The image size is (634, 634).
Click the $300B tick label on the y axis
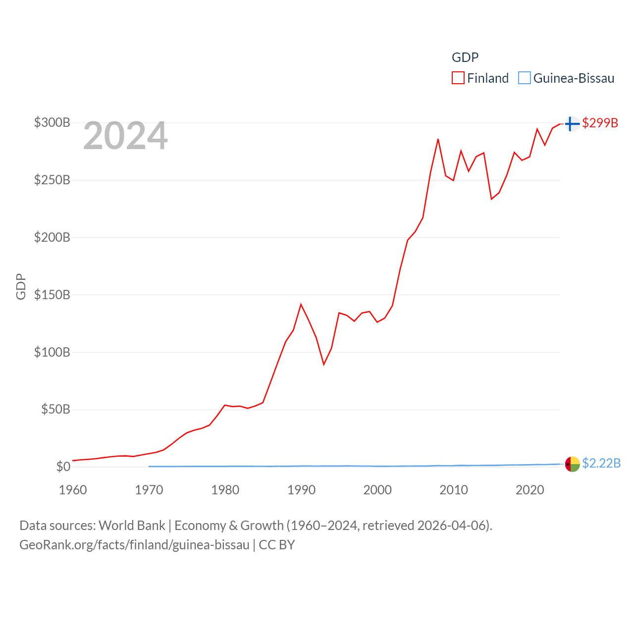(x=52, y=122)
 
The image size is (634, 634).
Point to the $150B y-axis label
(x=52, y=295)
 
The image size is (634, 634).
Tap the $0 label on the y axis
(x=63, y=467)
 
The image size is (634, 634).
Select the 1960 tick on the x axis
(x=73, y=490)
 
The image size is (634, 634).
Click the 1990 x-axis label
(x=301, y=490)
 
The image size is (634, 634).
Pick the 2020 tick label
(x=529, y=490)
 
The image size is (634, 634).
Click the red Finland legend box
(x=458, y=78)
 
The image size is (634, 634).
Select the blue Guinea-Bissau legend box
(x=525, y=78)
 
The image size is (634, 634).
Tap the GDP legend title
(x=465, y=57)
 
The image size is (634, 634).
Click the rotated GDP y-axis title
(x=21, y=286)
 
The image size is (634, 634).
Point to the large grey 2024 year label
(x=125, y=136)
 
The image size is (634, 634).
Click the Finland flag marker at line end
(x=572, y=123)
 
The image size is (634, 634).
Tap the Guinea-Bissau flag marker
(x=572, y=464)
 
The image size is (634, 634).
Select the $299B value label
(x=600, y=123)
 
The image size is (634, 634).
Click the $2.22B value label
(x=601, y=463)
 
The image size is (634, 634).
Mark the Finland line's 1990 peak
(x=301, y=304)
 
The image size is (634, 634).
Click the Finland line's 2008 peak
(x=438, y=139)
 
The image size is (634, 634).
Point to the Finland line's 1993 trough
(x=324, y=365)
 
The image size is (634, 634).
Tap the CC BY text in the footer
(x=277, y=545)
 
